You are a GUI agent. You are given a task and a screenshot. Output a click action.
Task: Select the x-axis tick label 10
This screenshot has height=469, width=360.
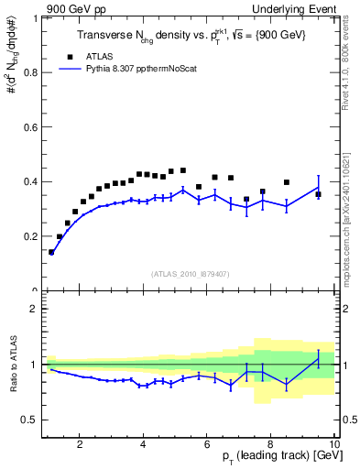click(x=333, y=444)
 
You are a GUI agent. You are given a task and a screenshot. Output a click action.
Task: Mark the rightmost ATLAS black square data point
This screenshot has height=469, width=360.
click(x=318, y=194)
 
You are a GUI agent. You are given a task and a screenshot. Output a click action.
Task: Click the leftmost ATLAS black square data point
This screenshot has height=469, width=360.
click(x=51, y=252)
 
